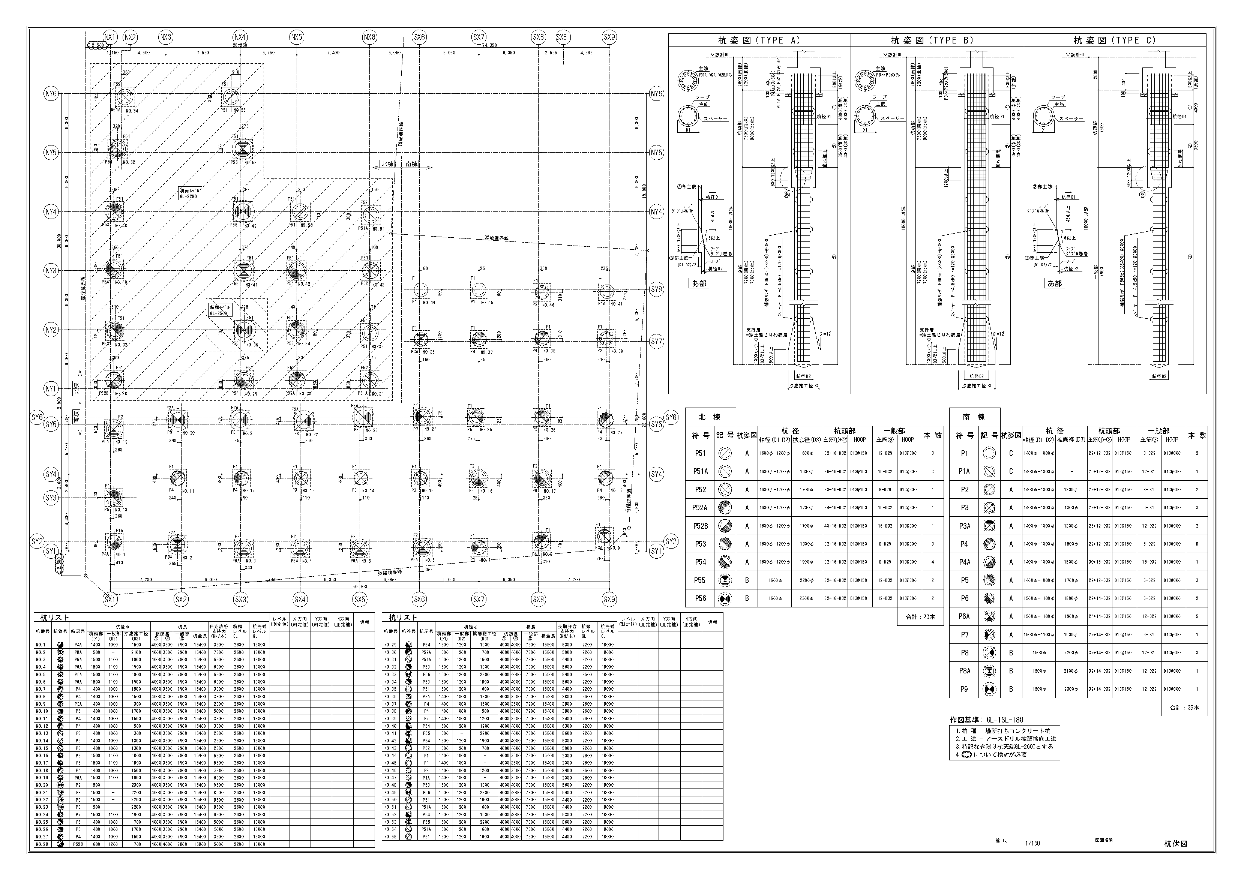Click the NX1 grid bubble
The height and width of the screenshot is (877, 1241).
[x=110, y=37]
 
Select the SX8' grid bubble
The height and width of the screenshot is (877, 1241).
[x=563, y=37]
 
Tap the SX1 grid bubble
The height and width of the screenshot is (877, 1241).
[x=110, y=599]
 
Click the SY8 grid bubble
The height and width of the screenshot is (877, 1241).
[x=656, y=289]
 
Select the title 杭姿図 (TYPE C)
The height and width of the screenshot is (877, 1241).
[x=1115, y=40]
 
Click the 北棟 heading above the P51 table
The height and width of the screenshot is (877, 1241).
[x=710, y=417]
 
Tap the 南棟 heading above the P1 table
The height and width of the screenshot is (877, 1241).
[x=974, y=417]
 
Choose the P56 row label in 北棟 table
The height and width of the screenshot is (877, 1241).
[x=701, y=598]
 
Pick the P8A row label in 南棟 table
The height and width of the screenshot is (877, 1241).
[x=964, y=670]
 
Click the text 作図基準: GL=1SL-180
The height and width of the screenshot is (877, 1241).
[x=986, y=720]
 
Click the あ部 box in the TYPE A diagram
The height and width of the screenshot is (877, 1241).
[x=699, y=283]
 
